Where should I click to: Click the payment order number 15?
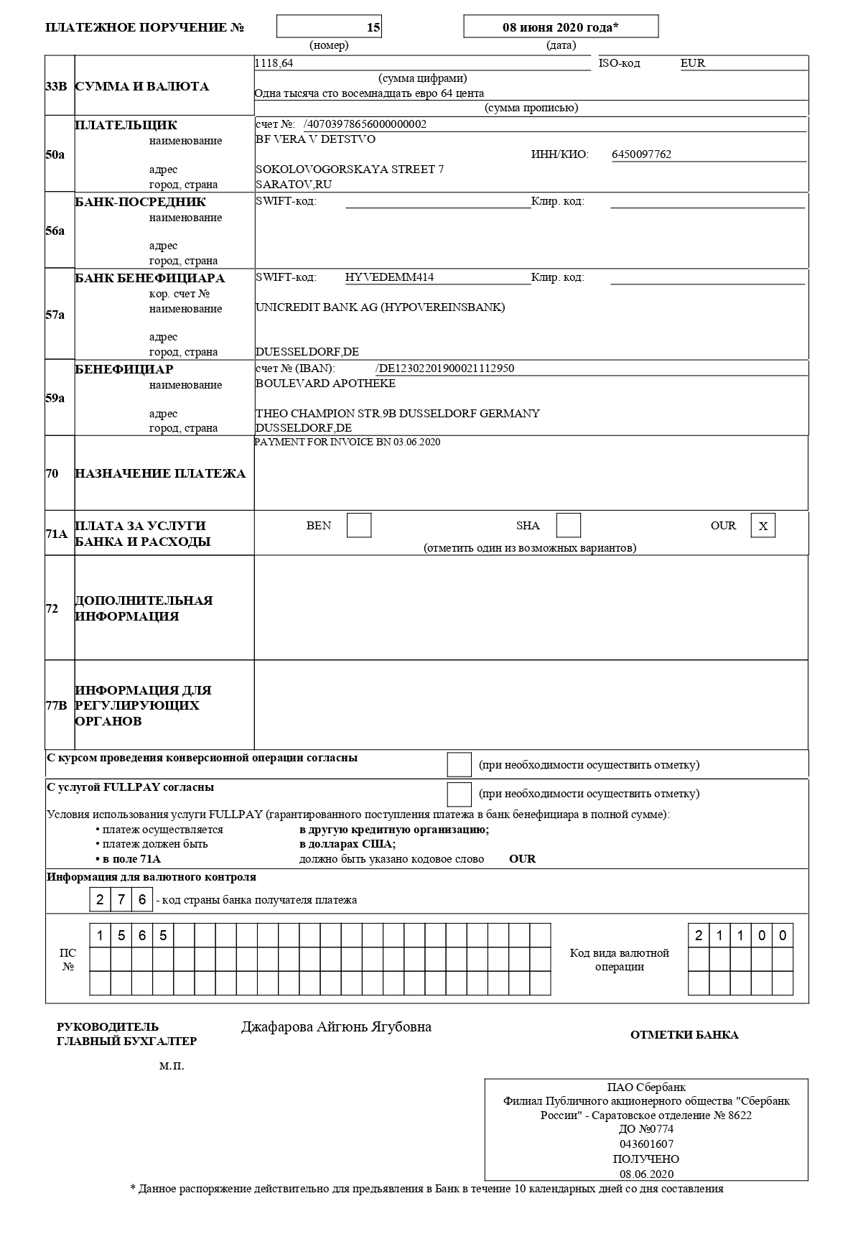pyautogui.click(x=373, y=27)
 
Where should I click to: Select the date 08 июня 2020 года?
pyautogui.click(x=560, y=27)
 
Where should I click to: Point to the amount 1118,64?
pyautogui.click(x=274, y=63)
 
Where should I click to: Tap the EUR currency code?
pyautogui.click(x=693, y=63)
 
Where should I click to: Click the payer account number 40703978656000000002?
pyautogui.click(x=365, y=124)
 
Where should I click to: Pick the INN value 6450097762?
pyautogui.click(x=641, y=154)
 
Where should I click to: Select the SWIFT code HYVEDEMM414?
pyautogui.click(x=389, y=277)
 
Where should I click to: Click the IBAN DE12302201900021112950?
pyautogui.click(x=445, y=368)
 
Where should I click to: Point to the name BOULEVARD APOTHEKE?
pyautogui.click(x=325, y=384)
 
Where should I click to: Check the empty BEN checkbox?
pyautogui.click(x=359, y=526)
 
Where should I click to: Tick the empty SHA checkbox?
pyautogui.click(x=569, y=526)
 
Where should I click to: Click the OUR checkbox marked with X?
pyautogui.click(x=763, y=526)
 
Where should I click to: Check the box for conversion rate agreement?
pyautogui.click(x=459, y=765)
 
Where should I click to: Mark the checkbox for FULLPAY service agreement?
pyautogui.click(x=459, y=794)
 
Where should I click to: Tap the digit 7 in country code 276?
pyautogui.click(x=121, y=900)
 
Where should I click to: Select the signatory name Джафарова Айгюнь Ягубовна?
pyautogui.click(x=336, y=1027)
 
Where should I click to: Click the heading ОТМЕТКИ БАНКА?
pyautogui.click(x=684, y=1035)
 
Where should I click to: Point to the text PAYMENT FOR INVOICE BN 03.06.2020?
pyautogui.click(x=348, y=442)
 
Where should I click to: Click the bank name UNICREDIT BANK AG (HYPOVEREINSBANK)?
pyautogui.click(x=380, y=307)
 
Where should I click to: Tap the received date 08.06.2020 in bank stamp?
pyautogui.click(x=646, y=1174)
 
